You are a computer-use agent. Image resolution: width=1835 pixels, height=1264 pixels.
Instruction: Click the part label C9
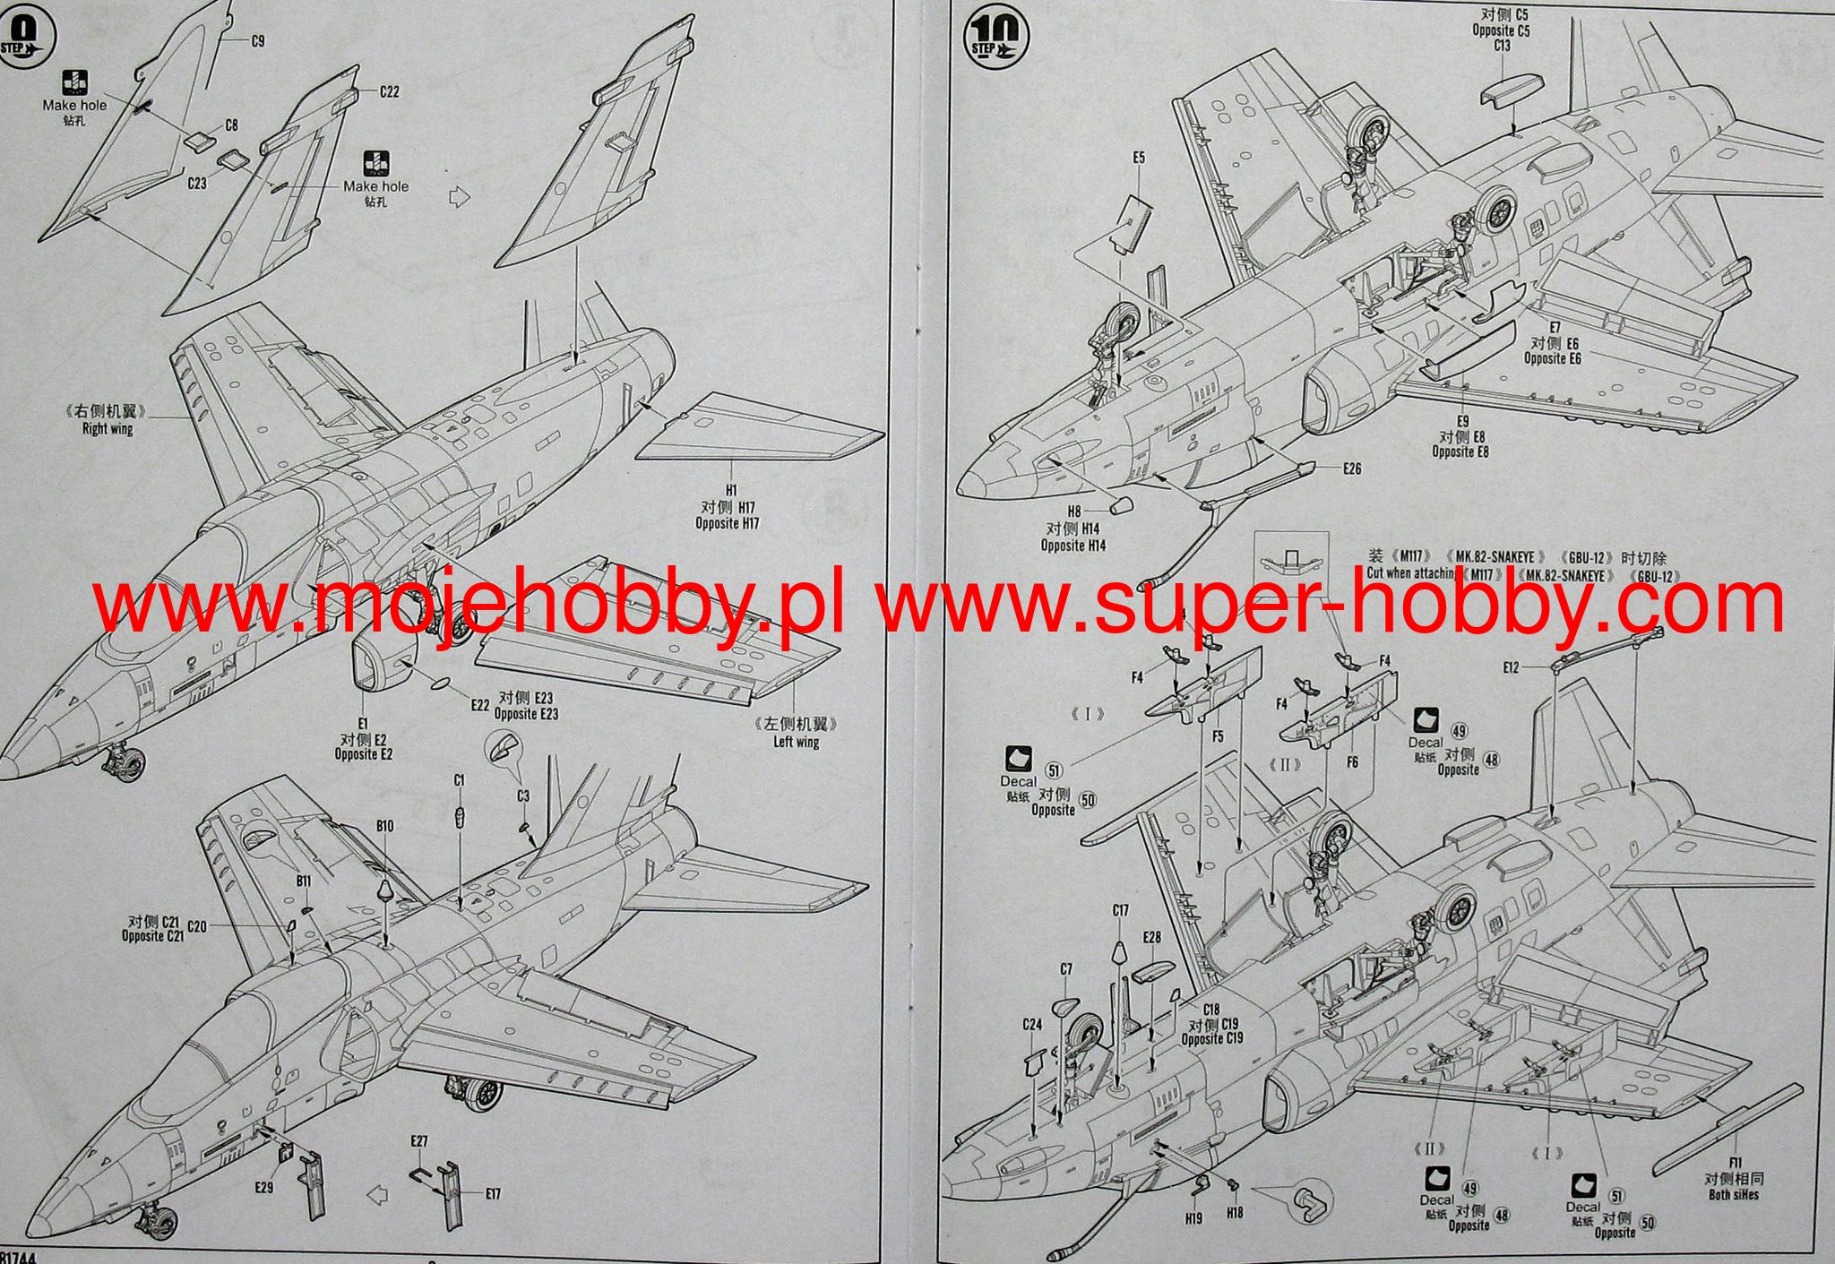click(257, 41)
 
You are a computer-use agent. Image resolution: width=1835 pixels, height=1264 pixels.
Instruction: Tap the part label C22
click(389, 91)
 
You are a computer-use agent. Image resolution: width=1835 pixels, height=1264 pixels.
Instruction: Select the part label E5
click(1138, 158)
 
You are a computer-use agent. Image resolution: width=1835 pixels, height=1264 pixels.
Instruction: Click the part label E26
click(1352, 469)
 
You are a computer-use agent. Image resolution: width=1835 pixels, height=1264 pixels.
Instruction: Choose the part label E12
click(1512, 667)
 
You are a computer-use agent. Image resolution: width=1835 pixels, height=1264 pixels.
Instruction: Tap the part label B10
click(384, 826)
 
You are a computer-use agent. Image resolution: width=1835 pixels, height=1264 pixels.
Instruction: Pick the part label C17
click(1120, 911)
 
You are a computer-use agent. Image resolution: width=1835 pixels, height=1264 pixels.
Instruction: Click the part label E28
click(1151, 937)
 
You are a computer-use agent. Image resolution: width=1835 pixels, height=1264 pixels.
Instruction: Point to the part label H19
click(1193, 1218)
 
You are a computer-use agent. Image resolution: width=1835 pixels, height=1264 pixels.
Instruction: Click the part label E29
click(263, 1188)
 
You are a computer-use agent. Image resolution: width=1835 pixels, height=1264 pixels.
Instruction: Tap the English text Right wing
click(108, 429)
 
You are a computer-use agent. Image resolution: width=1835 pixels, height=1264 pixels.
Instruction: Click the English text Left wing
click(797, 742)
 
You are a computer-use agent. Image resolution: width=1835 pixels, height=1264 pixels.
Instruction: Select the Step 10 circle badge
click(995, 38)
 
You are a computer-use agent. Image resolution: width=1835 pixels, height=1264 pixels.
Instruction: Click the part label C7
click(1066, 969)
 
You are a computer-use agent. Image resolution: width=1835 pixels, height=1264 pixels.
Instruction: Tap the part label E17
click(493, 1193)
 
